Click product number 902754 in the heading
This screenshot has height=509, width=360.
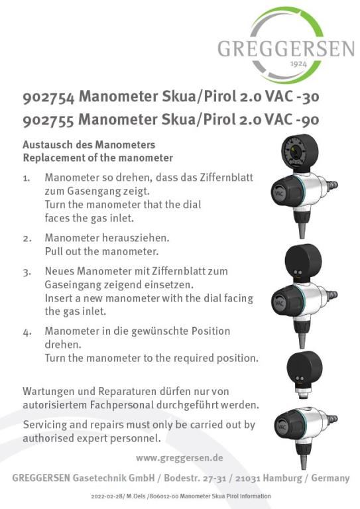pyautogui.click(x=48, y=97)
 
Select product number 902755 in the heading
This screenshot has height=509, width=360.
pyautogui.click(x=48, y=120)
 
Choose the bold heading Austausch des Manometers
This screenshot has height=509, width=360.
pyautogui.click(x=89, y=145)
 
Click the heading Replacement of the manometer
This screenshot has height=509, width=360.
pyautogui.click(x=97, y=158)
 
